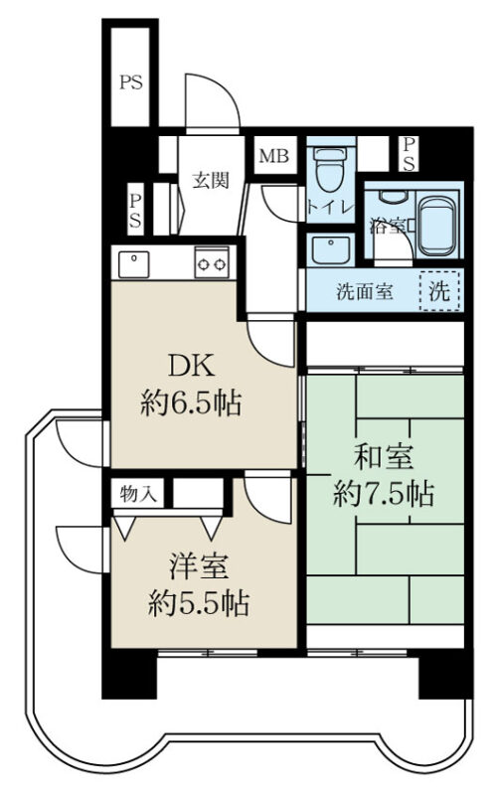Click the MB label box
click(274, 156)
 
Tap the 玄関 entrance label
click(211, 180)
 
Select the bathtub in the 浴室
click(436, 226)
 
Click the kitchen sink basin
click(133, 264)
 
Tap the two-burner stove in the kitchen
click(212, 262)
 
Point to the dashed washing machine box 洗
click(440, 291)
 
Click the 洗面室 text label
click(365, 291)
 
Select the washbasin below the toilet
click(331, 249)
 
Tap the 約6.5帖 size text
click(191, 403)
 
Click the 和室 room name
click(384, 456)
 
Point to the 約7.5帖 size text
click(384, 494)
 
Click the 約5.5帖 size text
click(199, 604)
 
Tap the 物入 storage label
click(138, 493)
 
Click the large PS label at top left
click(131, 82)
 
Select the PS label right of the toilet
click(409, 154)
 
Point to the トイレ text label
click(330, 208)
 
